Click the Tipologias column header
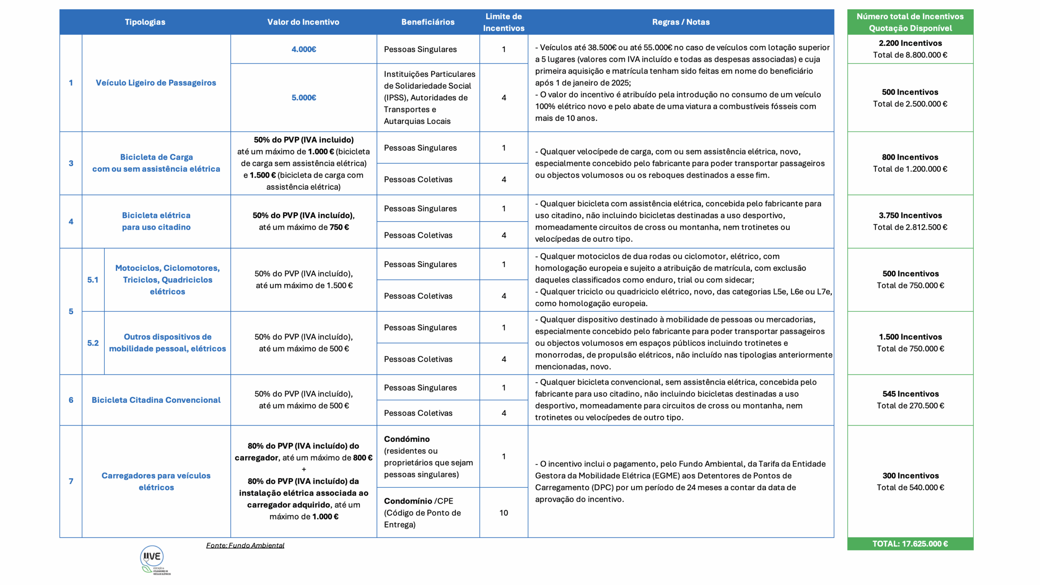click(x=145, y=22)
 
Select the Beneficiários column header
click(x=428, y=22)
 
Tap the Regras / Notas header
click(x=681, y=22)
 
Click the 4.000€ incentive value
click(x=303, y=49)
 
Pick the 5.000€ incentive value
click(x=303, y=98)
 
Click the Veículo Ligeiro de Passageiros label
click(x=156, y=83)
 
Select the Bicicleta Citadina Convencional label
click(x=156, y=400)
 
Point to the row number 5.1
click(x=93, y=280)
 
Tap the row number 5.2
click(x=93, y=343)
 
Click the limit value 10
click(x=504, y=513)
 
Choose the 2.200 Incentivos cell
click(x=910, y=49)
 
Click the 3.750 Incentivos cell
click(x=910, y=221)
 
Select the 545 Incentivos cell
click(x=910, y=400)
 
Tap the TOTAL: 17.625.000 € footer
click(x=910, y=544)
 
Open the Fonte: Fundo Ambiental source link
click(x=245, y=545)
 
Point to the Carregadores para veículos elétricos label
click(x=156, y=481)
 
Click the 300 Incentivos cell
click(x=910, y=481)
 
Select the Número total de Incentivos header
click(x=910, y=22)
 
